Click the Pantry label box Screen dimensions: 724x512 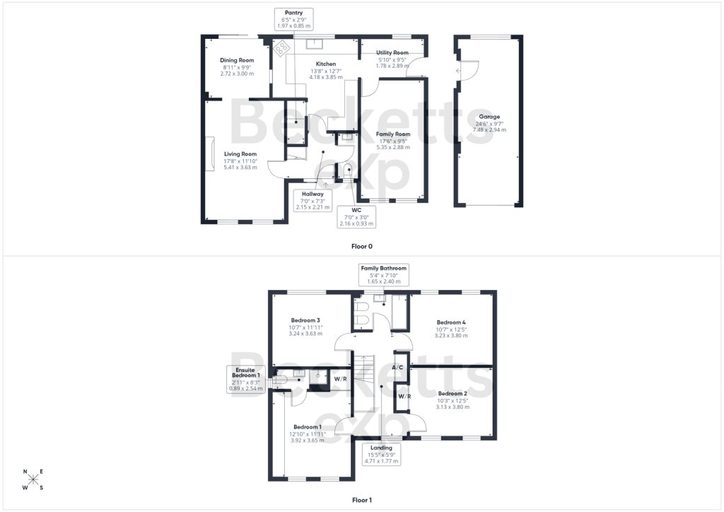coord(293,19)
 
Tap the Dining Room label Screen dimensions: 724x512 coord(237,60)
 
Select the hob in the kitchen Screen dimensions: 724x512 coord(281,47)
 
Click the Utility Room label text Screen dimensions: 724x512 coord(392,52)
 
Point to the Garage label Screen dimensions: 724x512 coord(489,117)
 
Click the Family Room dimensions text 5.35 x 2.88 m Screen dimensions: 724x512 coord(393,147)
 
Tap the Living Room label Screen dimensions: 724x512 coord(240,154)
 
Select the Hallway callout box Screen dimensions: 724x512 coord(313,200)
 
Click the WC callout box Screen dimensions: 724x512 coord(356,216)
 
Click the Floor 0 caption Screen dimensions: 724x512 coord(361,247)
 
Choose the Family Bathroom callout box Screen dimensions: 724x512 coord(384,274)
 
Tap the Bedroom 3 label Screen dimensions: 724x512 coord(305,320)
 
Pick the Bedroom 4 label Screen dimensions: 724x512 coord(451,322)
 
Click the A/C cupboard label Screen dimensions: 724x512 coord(397,368)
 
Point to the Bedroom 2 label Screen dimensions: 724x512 coord(453,394)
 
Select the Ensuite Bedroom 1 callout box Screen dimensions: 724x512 coord(245,379)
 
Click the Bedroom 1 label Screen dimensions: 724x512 coord(308,427)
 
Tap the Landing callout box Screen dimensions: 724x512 coord(381,454)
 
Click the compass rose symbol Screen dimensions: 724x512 coord(33,479)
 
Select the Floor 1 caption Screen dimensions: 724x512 coord(362,500)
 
